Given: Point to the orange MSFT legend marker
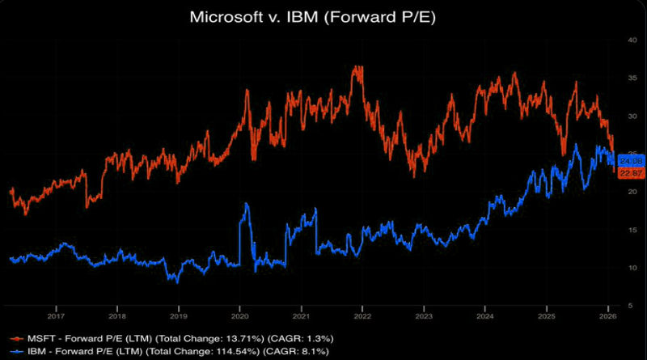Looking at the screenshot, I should coord(14,336).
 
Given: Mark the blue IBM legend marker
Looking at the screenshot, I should coord(14,351).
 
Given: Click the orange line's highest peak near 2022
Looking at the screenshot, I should coord(357,68).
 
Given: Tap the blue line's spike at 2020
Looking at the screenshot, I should coord(246,205).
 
